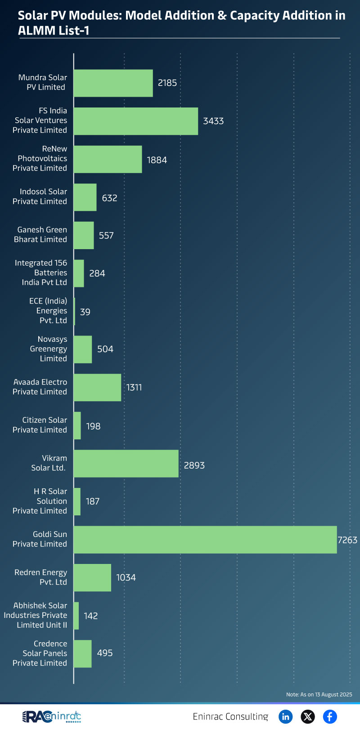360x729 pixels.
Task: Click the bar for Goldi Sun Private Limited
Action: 205,539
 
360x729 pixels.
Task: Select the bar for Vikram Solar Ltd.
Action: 126,463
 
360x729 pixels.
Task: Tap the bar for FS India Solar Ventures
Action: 136,121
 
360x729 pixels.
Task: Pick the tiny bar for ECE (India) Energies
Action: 74,311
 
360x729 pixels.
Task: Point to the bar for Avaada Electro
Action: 97,387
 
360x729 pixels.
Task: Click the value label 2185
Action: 167,83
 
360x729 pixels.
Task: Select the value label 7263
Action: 347,540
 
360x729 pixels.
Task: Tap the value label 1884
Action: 157,160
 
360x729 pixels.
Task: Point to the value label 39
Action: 85,312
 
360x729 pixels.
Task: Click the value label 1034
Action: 126,577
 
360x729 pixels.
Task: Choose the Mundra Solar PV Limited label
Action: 43,82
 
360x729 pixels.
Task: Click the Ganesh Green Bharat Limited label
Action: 40,234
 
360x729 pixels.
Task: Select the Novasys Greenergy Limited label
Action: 49,349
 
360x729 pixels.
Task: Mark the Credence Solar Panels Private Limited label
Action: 40,653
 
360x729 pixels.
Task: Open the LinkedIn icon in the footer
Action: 285,716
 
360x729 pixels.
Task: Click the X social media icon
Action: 308,716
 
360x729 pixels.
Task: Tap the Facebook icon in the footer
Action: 330,716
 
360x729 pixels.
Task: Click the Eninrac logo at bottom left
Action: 51,716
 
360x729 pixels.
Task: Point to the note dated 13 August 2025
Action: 319,694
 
